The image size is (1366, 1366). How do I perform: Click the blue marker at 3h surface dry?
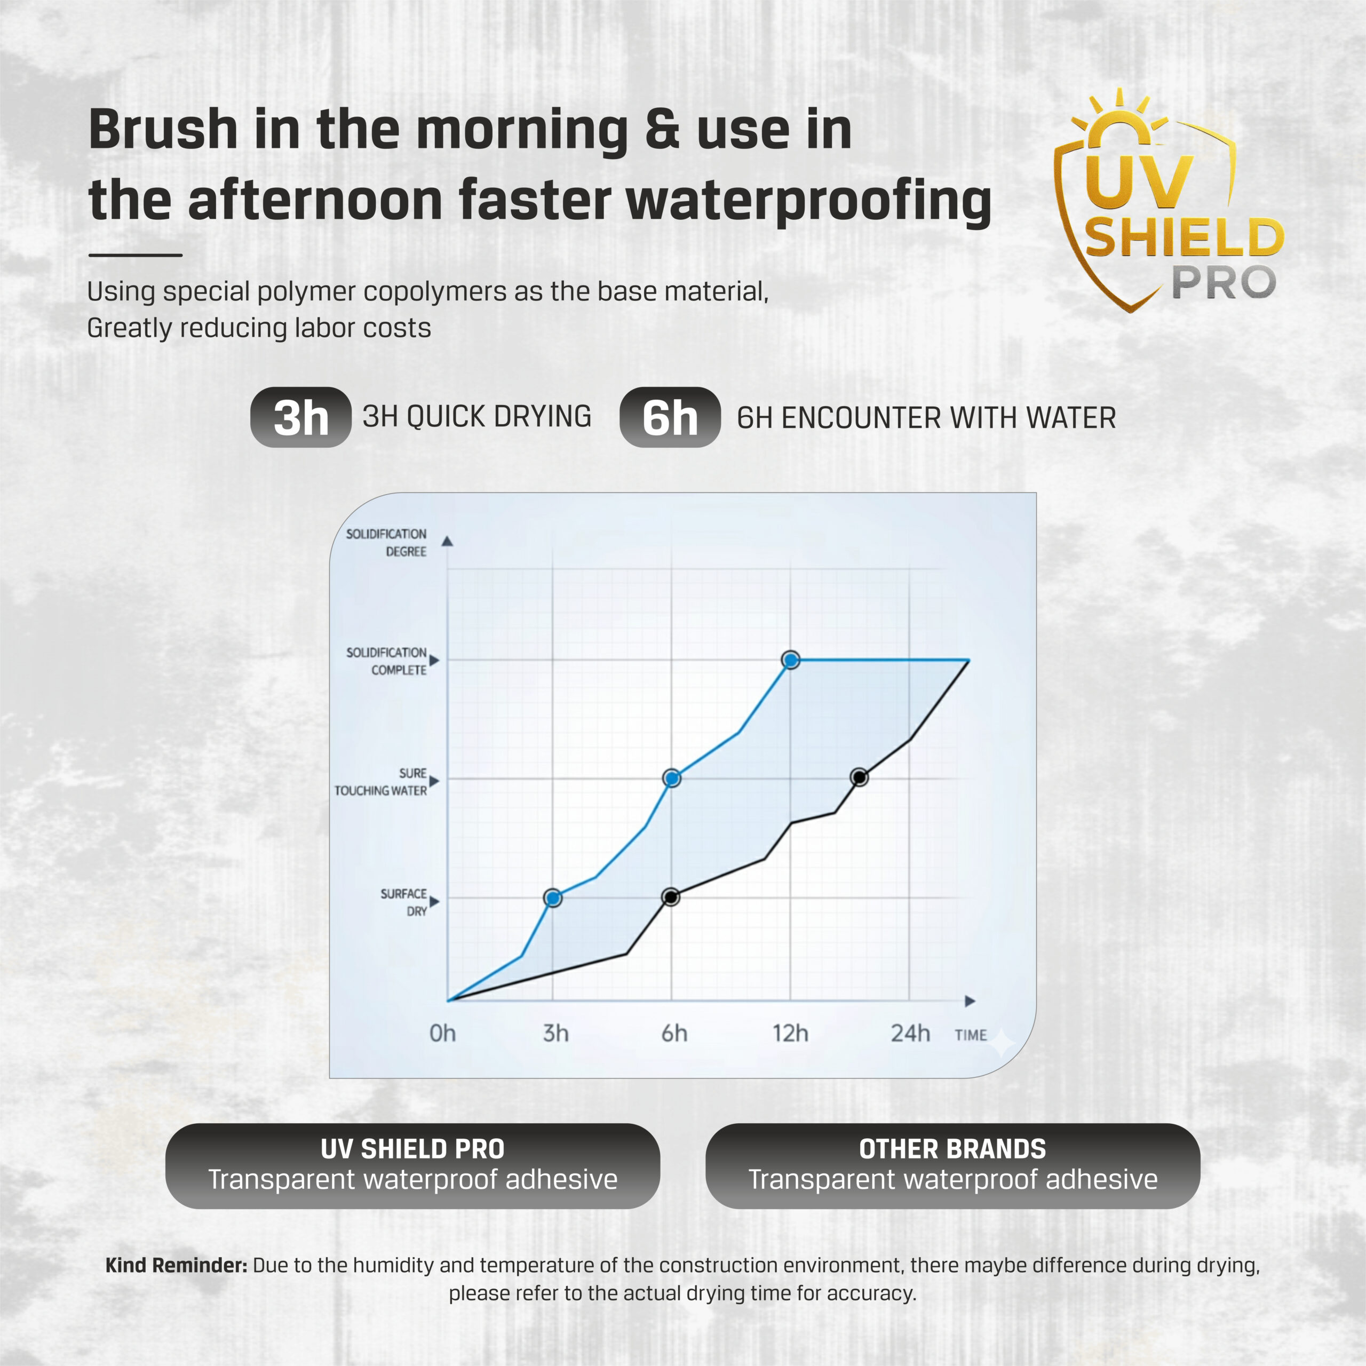click(x=553, y=898)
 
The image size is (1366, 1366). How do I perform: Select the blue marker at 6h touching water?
click(x=672, y=779)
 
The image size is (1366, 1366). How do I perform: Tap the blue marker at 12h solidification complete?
click(x=791, y=660)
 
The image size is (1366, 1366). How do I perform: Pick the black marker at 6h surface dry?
click(x=671, y=897)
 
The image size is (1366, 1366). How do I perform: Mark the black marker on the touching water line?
click(x=859, y=778)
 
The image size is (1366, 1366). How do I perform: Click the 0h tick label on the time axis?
click(x=442, y=1034)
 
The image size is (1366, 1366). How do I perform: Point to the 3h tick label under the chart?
click(x=555, y=1034)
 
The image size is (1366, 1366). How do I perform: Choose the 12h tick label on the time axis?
click(x=790, y=1034)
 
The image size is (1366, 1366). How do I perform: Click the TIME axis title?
click(x=971, y=1035)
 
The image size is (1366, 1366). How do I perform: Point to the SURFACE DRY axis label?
click(x=404, y=902)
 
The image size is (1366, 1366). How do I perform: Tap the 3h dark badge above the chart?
click(x=301, y=417)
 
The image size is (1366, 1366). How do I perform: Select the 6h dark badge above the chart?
click(x=670, y=417)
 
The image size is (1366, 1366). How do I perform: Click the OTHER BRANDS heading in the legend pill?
click(x=952, y=1149)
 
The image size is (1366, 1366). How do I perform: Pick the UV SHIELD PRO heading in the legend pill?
click(x=413, y=1149)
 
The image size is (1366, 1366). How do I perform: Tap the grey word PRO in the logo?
click(x=1224, y=283)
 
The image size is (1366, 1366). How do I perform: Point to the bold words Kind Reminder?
click(x=176, y=1265)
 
